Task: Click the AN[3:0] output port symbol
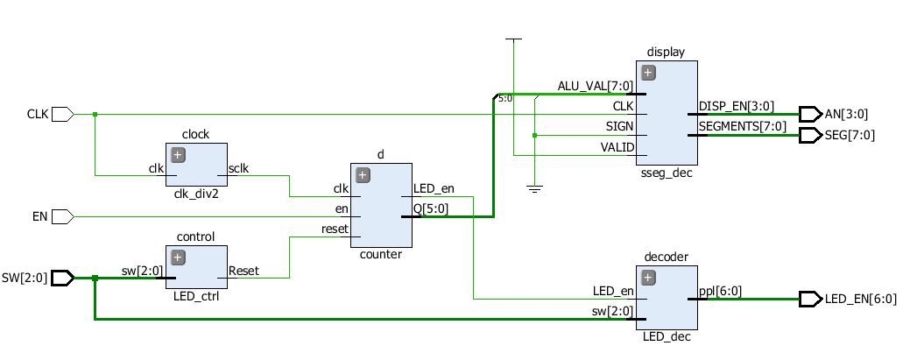(x=810, y=114)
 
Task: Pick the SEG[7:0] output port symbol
(x=810, y=135)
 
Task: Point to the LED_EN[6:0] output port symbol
(x=810, y=299)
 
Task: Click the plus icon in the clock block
(x=178, y=155)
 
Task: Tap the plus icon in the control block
(x=178, y=258)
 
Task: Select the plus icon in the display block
(x=648, y=73)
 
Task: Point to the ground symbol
(x=533, y=188)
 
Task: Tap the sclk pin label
(x=238, y=167)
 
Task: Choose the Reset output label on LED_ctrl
(x=243, y=271)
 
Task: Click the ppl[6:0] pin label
(x=718, y=291)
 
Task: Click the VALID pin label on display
(x=617, y=148)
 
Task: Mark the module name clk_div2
(x=197, y=194)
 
